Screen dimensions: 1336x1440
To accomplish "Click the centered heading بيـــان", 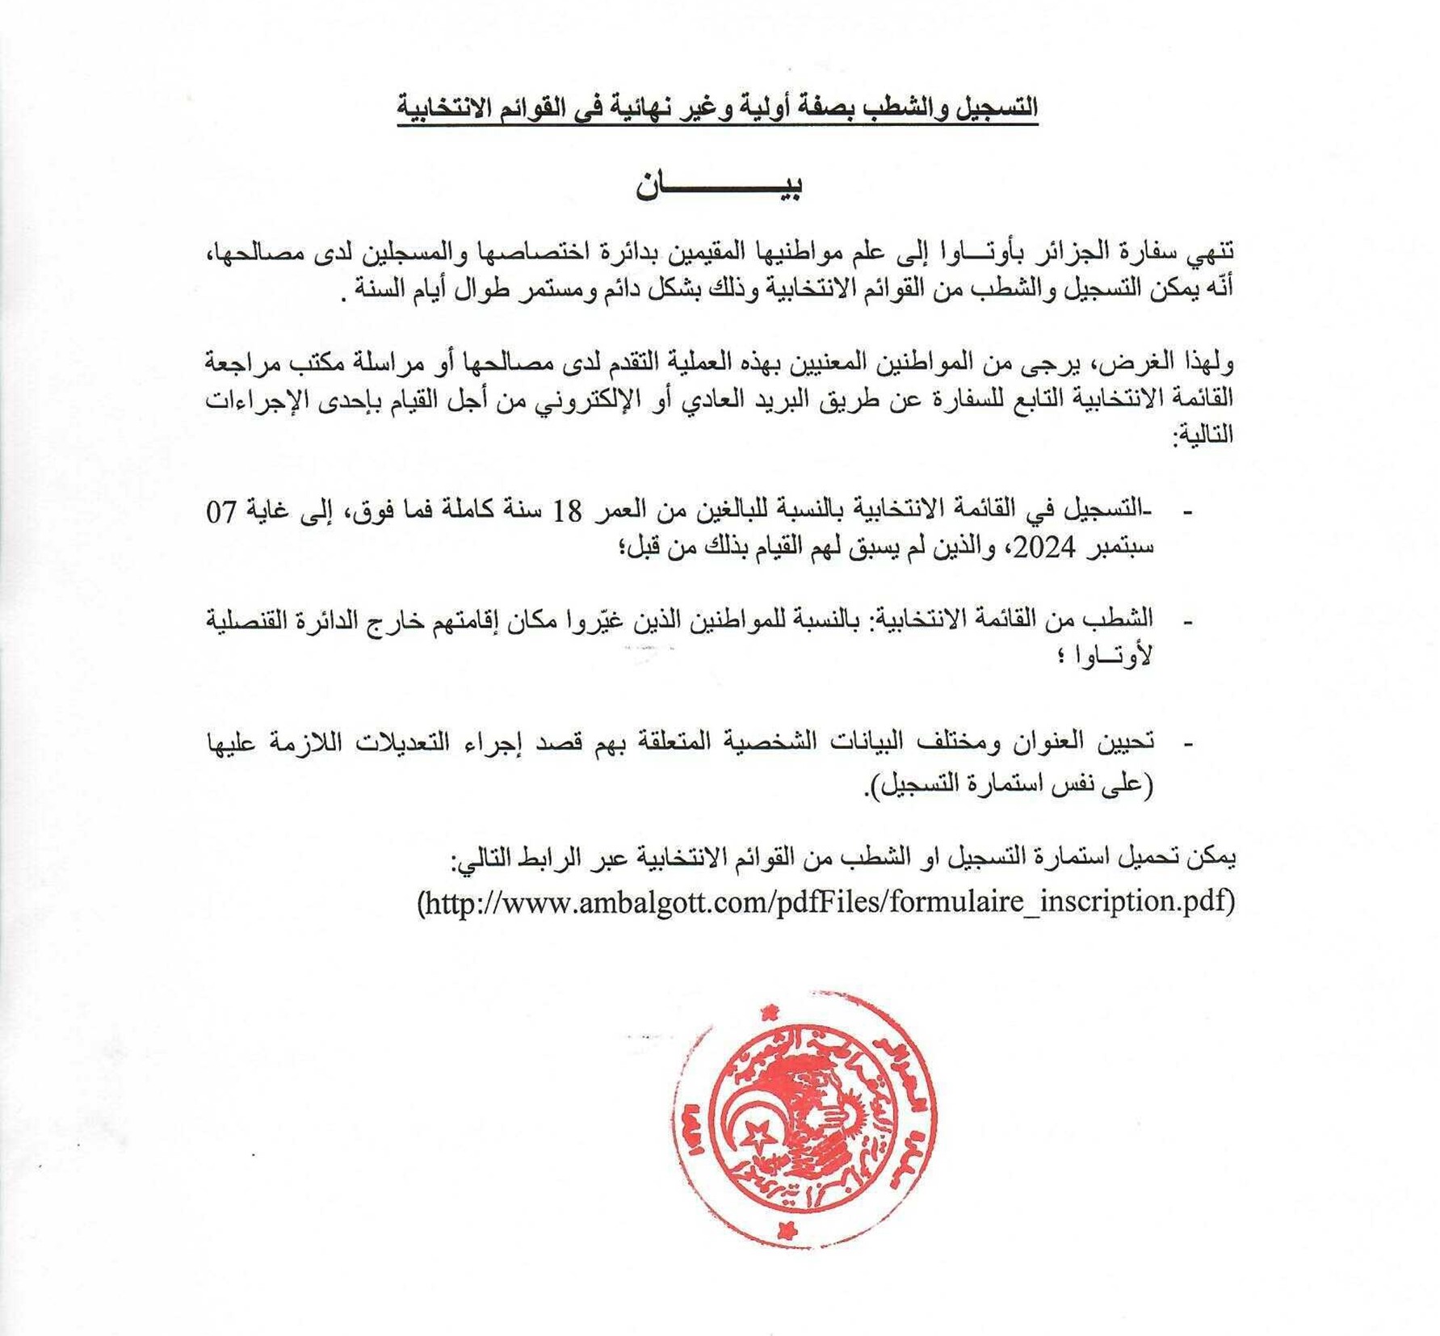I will [x=718, y=187].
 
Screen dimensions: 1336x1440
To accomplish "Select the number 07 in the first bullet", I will [x=222, y=511].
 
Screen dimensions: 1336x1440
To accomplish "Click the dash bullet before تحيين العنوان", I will [x=1187, y=744].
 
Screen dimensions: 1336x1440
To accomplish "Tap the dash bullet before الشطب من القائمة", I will [x=1187, y=623].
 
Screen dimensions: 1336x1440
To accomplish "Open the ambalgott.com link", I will [x=826, y=901].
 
